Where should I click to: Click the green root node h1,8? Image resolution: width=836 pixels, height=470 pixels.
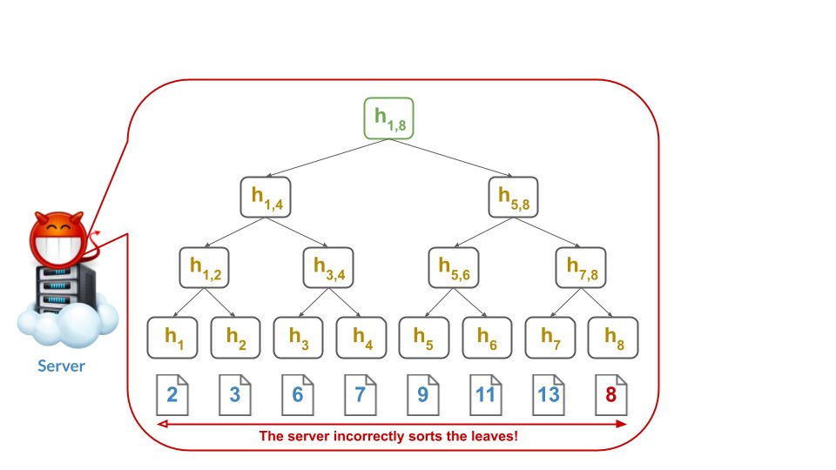point(388,119)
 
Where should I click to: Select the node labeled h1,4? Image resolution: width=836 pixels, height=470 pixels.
point(266,197)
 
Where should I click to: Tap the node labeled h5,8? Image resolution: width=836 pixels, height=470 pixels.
point(513,197)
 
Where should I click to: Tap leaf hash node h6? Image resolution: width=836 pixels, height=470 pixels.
point(486,338)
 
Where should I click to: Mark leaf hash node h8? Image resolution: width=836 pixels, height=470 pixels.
point(612,338)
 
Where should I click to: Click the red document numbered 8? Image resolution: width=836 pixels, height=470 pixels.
point(610,394)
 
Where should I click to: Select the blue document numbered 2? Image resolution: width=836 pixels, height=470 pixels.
point(172,394)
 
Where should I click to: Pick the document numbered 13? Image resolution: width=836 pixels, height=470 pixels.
point(548,394)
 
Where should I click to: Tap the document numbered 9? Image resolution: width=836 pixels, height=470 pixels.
point(422,394)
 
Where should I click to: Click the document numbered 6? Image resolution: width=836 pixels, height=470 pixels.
point(298,394)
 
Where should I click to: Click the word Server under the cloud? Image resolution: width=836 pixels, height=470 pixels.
point(61,366)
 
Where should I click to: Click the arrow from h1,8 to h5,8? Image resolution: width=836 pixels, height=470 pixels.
point(453,158)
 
